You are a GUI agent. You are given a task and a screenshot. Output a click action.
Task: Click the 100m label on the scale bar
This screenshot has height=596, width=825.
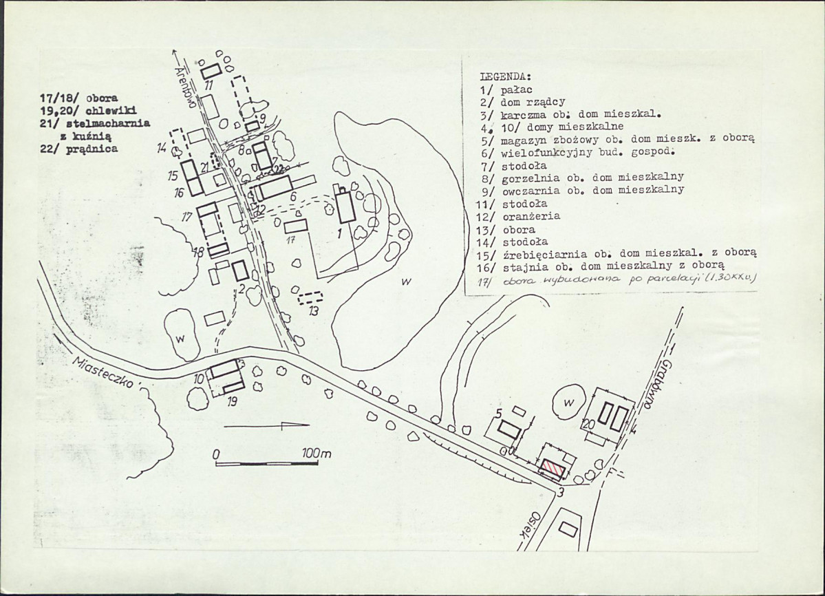click(316, 454)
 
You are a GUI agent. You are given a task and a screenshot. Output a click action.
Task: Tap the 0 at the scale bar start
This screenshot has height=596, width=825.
click(215, 455)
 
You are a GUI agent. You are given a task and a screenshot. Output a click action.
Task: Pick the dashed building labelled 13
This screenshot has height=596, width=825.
click(311, 298)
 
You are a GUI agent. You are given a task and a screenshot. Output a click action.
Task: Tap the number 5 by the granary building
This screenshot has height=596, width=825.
click(498, 413)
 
